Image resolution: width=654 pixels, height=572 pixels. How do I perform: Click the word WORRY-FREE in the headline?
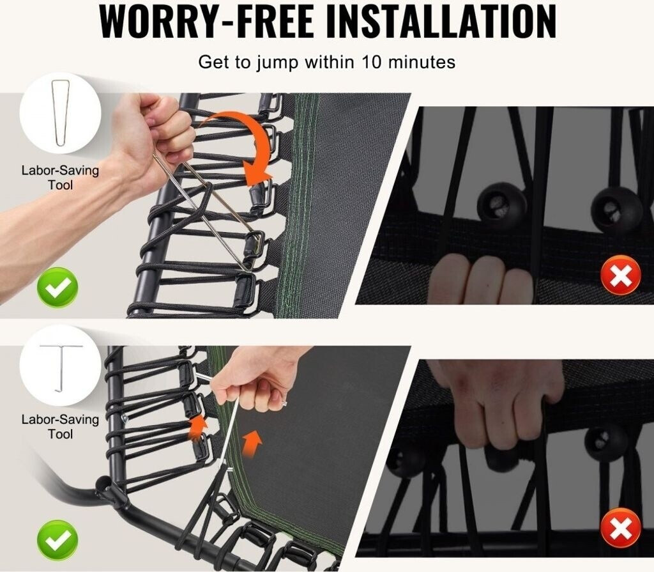pyautogui.click(x=206, y=21)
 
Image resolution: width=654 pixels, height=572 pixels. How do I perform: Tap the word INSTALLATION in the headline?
pyautogui.click(x=441, y=21)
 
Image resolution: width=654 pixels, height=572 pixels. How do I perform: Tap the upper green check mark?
pyautogui.click(x=57, y=288)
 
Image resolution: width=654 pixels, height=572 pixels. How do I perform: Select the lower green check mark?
pyautogui.click(x=57, y=541)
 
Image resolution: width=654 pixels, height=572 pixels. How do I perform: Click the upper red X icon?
pyautogui.click(x=621, y=275)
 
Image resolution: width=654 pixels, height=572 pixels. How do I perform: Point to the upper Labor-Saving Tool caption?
pyautogui.click(x=61, y=178)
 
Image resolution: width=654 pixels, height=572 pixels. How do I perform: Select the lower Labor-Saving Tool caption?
pyautogui.click(x=61, y=427)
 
